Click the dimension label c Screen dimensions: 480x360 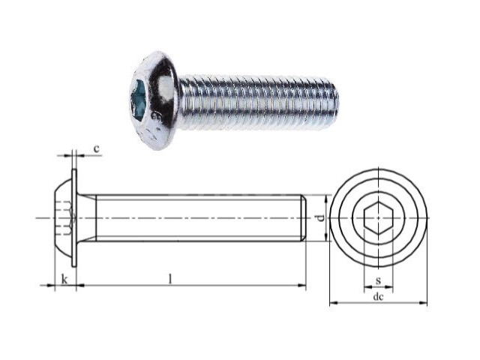(x=97, y=148)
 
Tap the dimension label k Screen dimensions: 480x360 (x=64, y=279)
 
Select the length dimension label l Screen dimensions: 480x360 (x=171, y=278)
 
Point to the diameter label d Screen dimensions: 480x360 (x=320, y=218)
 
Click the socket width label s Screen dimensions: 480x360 (x=378, y=280)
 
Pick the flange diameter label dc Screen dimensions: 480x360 (x=378, y=296)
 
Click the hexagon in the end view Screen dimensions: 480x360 (x=378, y=218)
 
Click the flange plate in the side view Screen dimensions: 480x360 (x=74, y=217)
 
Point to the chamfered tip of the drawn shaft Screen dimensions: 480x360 (x=303, y=218)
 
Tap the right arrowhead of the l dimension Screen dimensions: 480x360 (x=302, y=285)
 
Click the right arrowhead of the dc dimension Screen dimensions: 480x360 (x=423, y=303)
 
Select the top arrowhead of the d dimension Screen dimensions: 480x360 (x=325, y=199)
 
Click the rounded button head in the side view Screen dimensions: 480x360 (x=63, y=217)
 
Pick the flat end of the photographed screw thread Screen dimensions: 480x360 (x=336, y=102)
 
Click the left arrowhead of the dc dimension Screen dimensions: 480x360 (x=333, y=303)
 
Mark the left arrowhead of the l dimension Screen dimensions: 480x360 (x=80, y=285)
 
